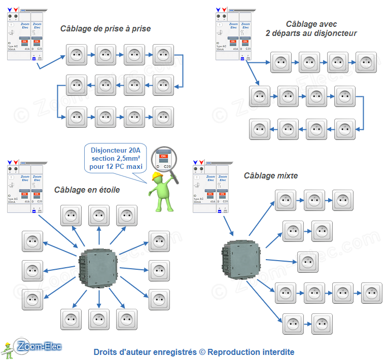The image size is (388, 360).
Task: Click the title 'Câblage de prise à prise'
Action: click(105, 29)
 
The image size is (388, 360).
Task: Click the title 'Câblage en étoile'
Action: click(87, 190)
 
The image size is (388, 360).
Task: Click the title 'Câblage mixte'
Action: click(271, 175)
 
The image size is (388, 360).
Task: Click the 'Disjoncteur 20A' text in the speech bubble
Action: click(116, 150)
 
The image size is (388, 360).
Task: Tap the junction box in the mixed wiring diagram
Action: click(240, 259)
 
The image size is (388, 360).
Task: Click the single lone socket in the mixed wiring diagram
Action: click(308, 262)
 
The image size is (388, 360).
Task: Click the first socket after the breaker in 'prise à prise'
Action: click(77, 55)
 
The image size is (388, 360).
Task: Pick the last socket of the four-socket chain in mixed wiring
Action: click(371, 293)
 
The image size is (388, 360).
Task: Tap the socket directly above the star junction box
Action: click(99, 215)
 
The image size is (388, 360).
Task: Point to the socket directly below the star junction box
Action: click(99, 319)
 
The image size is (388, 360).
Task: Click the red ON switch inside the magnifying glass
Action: click(163, 156)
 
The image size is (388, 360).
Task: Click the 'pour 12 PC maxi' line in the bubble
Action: click(116, 167)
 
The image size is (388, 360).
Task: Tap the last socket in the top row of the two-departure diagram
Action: click(366, 62)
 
